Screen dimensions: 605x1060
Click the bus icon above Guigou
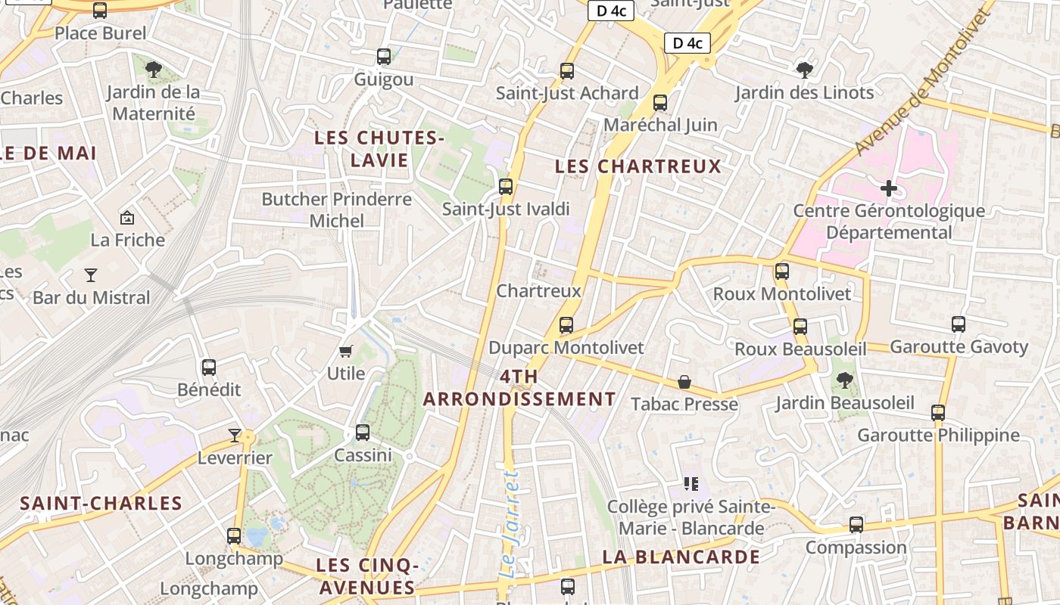pyautogui.click(x=384, y=57)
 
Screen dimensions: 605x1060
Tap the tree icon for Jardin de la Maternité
pyautogui.click(x=154, y=70)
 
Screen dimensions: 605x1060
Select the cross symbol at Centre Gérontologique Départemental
pyautogui.click(x=889, y=188)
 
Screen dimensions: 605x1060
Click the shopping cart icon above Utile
pyautogui.click(x=346, y=351)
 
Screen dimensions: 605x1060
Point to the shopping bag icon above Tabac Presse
pyautogui.click(x=684, y=382)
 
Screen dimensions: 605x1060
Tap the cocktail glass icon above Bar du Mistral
pyautogui.click(x=91, y=275)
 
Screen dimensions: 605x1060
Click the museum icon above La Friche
pyautogui.click(x=127, y=218)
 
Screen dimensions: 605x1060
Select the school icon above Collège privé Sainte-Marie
pyautogui.click(x=690, y=483)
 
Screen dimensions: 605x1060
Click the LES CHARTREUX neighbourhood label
pyautogui.click(x=638, y=166)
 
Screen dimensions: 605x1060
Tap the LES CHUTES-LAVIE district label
pyautogui.click(x=379, y=149)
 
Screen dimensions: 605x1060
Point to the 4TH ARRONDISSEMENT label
pyautogui.click(x=519, y=387)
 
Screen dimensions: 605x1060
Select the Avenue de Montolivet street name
pyautogui.click(x=924, y=79)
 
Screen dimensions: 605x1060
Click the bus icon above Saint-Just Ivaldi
pyautogui.click(x=505, y=186)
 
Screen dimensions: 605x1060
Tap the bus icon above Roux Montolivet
pyautogui.click(x=782, y=271)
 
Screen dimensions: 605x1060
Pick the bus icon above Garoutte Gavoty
pyautogui.click(x=959, y=324)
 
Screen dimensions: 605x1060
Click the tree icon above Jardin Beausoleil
pyautogui.click(x=844, y=380)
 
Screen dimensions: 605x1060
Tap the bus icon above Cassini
pyautogui.click(x=363, y=433)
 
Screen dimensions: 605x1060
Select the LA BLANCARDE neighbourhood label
pyautogui.click(x=681, y=557)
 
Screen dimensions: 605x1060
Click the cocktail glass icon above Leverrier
pyautogui.click(x=235, y=435)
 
